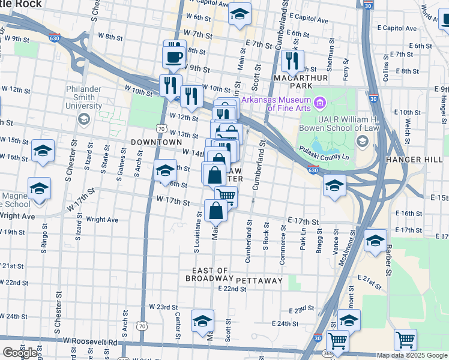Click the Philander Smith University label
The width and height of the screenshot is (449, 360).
84,97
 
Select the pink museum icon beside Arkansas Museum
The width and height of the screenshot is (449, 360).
320,104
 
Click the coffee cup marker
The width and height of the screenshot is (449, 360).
174,56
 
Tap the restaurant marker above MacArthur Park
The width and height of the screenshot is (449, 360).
292,60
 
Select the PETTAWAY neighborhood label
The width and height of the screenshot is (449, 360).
259,280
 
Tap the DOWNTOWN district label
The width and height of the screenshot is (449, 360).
156,142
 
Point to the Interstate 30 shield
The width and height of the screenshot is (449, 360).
374,98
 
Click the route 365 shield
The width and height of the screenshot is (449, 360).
318,355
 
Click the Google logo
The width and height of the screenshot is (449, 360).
20,353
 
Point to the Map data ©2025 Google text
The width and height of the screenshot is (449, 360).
412,355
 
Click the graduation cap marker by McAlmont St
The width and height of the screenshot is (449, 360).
349,320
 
